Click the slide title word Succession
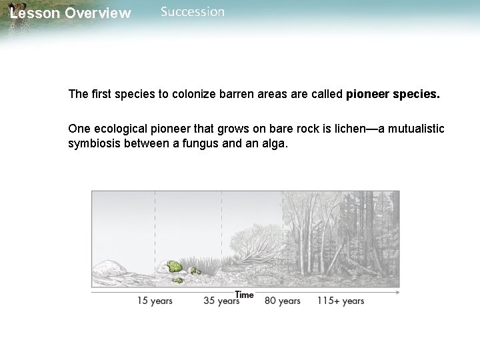click(x=193, y=12)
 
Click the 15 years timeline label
click(x=155, y=301)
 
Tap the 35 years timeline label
click(x=221, y=301)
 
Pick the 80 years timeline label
click(x=283, y=301)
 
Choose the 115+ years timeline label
click(x=340, y=301)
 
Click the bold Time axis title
click(x=244, y=295)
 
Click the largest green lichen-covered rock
click(x=174, y=267)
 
